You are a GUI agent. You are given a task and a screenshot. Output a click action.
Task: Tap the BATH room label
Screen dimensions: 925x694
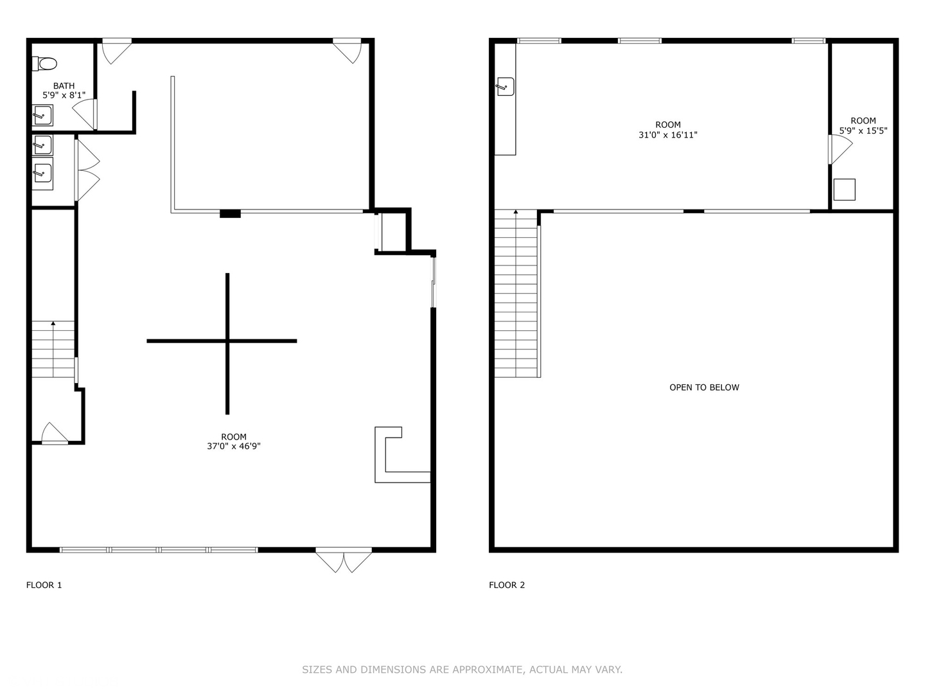click(x=64, y=86)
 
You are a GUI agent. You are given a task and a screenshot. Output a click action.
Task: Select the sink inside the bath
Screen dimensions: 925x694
click(x=42, y=115)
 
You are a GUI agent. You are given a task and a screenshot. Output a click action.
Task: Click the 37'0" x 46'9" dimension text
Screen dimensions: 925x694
click(x=234, y=446)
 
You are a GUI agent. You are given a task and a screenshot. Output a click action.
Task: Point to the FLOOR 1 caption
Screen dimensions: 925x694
click(x=44, y=585)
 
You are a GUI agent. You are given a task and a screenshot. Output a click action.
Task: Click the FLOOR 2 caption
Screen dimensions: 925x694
click(x=507, y=585)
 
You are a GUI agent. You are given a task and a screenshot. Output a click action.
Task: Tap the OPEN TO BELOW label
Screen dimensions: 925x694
click(x=704, y=387)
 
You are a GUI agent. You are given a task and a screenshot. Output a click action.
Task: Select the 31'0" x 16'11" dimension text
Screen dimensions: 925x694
click(x=668, y=135)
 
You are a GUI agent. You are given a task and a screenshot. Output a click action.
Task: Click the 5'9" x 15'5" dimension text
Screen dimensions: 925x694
click(x=863, y=130)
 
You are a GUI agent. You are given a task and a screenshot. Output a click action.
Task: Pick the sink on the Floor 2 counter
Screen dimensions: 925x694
click(x=506, y=86)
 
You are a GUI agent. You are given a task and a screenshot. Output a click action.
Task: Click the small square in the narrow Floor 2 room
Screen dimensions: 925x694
click(x=845, y=190)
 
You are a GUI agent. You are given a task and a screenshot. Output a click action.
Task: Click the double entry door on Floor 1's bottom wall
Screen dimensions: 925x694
click(x=344, y=560)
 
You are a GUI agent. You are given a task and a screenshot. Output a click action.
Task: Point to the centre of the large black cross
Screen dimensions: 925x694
click(x=227, y=341)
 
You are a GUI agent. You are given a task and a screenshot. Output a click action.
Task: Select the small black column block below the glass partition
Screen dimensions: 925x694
click(x=230, y=213)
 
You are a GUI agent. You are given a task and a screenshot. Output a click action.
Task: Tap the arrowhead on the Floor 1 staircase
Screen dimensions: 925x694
click(x=53, y=323)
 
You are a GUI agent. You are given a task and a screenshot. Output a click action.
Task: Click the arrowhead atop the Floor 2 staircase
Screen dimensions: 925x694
click(x=516, y=211)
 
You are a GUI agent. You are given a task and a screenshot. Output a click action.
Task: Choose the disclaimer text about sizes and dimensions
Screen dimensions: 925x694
click(x=462, y=670)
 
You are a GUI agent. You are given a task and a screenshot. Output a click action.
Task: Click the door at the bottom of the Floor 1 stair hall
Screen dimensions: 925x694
click(x=55, y=434)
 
